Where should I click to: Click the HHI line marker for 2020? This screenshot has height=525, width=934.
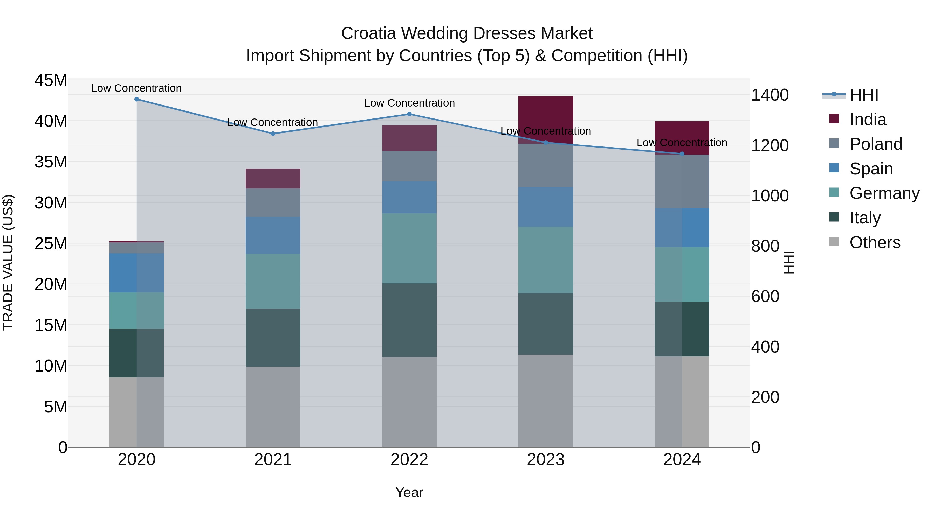pyautogui.click(x=137, y=99)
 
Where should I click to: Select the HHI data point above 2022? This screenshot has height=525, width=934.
pyautogui.click(x=409, y=114)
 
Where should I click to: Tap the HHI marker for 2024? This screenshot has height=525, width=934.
pyautogui.click(x=682, y=154)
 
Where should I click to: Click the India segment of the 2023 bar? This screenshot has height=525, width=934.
pyautogui.click(x=546, y=120)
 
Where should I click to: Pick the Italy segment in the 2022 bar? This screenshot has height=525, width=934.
pyautogui.click(x=409, y=320)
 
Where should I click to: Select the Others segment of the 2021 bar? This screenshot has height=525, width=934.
pyautogui.click(x=273, y=407)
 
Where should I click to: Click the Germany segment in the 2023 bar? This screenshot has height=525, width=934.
pyautogui.click(x=546, y=260)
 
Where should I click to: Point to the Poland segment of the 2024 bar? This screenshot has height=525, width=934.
pyautogui.click(x=682, y=181)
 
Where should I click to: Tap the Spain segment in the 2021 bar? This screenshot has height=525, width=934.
pyautogui.click(x=273, y=235)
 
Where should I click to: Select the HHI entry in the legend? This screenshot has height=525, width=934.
pyautogui.click(x=864, y=95)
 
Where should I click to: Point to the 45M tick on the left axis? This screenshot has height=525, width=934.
pyautogui.click(x=51, y=80)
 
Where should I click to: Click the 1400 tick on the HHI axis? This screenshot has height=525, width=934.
pyautogui.click(x=770, y=95)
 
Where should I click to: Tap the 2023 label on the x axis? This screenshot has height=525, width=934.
pyautogui.click(x=546, y=460)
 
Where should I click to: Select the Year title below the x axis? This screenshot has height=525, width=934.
pyautogui.click(x=409, y=492)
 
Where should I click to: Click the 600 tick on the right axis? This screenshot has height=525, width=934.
pyautogui.click(x=765, y=296)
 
